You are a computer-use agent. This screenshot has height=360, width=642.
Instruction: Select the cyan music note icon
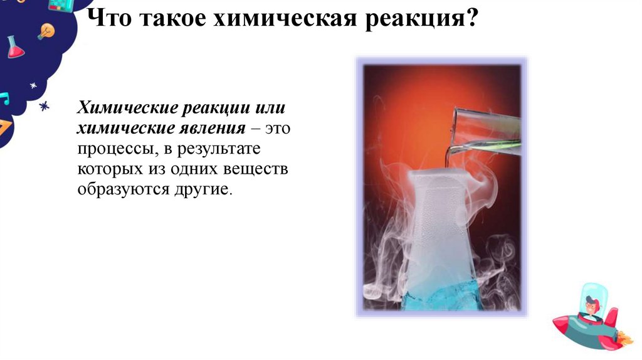pyautogui.click(x=4, y=98)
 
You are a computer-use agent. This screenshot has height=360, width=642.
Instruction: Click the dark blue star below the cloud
pyautogui.click(x=44, y=107)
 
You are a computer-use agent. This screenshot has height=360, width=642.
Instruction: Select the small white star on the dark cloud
pyautogui.click(x=33, y=85)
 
